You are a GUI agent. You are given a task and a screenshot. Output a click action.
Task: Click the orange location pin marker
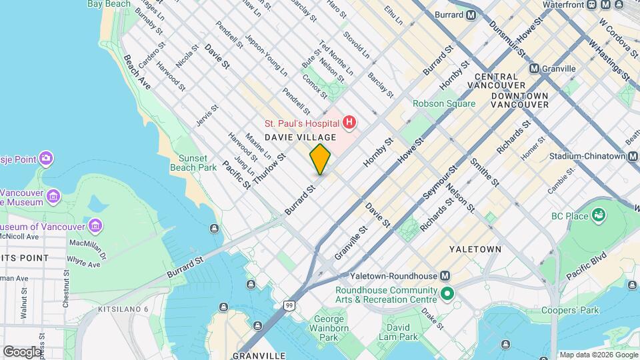pos(320,159)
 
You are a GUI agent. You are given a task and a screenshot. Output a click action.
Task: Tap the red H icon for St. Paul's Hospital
pos(349,123)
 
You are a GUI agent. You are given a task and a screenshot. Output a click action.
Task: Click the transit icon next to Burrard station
pos(471,15)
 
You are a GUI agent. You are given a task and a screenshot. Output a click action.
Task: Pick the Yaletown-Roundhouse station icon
pos(445,276)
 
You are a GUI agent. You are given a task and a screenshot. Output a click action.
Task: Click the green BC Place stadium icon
pos(599,215)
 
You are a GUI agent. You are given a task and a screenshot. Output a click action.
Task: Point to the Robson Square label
pos(444,103)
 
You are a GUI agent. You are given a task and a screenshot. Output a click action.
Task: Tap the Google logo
pos(22,351)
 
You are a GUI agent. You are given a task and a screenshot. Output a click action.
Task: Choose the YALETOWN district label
pos(475,249)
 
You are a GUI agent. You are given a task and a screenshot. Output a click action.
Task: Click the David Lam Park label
pos(399,332)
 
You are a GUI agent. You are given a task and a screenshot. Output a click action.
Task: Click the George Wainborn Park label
pos(329,328)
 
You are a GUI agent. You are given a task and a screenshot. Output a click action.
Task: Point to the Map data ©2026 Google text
pos(597,355)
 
